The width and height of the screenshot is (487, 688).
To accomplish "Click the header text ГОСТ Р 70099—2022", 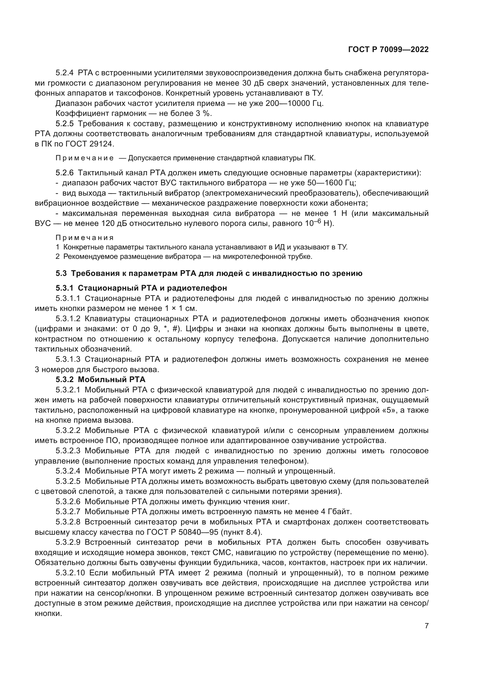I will coord(388,50).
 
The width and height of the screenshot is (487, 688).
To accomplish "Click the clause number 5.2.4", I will coord(64,73).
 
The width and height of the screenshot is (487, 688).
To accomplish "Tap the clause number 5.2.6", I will coord(64,173).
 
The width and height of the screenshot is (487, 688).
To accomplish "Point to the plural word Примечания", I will coord(85,238).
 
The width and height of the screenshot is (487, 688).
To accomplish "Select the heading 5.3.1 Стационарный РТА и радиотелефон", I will coord(141,288).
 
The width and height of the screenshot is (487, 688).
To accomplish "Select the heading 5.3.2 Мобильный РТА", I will coord(100,380).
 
